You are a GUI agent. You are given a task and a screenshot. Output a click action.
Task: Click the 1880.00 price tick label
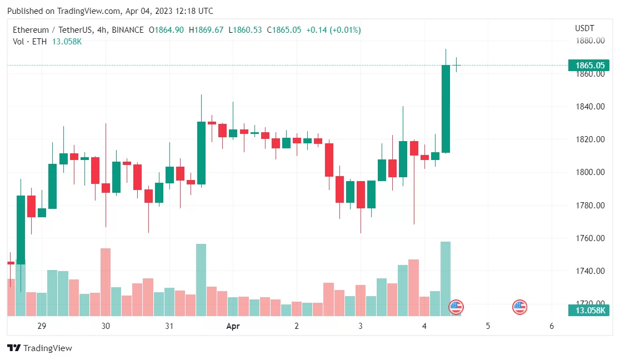click(589, 41)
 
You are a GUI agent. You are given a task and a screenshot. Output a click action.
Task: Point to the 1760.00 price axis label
click(589, 238)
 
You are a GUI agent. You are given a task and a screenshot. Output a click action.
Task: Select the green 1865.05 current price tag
click(590, 65)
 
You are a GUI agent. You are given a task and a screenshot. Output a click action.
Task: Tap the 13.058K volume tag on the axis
click(590, 310)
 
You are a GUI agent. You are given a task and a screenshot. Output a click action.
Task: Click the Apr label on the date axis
click(233, 326)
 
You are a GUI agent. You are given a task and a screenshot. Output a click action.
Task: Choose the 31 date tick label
click(169, 326)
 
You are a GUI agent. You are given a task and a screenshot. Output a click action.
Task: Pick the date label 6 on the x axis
click(552, 326)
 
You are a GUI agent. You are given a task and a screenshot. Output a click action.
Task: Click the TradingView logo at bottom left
click(39, 348)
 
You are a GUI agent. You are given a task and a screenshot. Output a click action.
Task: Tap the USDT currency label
click(584, 28)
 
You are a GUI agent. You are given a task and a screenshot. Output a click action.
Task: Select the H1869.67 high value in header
click(206, 30)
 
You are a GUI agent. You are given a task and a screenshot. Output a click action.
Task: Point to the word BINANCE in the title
click(128, 30)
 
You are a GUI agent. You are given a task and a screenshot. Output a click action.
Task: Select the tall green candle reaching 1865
click(446, 109)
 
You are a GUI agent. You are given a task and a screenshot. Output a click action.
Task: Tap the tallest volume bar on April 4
click(446, 278)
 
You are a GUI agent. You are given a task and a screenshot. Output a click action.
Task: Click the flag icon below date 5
click(519, 306)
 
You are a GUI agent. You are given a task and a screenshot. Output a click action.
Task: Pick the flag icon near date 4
click(456, 306)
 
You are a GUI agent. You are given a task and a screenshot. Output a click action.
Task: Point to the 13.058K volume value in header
click(67, 42)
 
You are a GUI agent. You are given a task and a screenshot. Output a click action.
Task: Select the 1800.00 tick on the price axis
click(589, 172)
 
